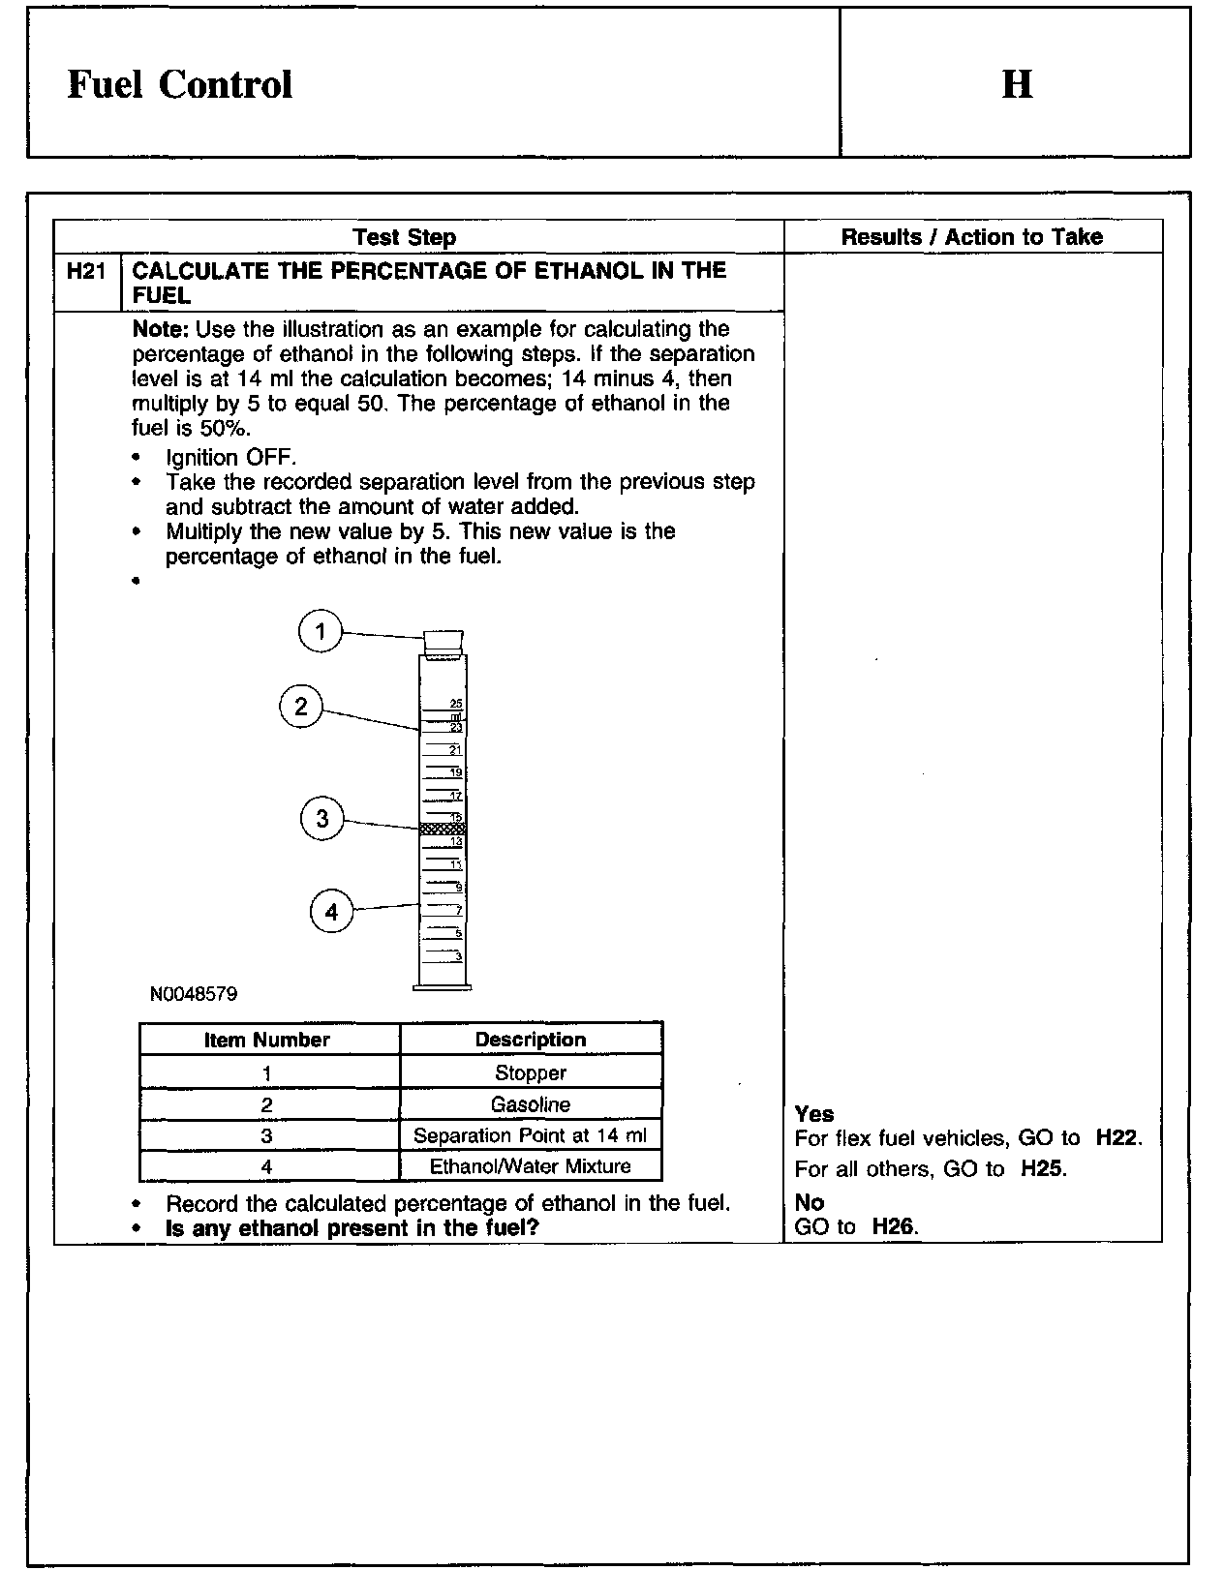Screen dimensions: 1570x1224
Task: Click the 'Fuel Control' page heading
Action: [179, 84]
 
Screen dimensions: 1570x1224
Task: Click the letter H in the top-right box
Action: [1016, 84]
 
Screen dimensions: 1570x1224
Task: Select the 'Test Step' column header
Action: [404, 237]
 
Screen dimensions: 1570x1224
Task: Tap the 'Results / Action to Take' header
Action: [971, 237]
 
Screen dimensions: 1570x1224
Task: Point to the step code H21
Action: [86, 271]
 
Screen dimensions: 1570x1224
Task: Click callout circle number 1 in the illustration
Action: [321, 633]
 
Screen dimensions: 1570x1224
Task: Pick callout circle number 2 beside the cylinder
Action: [301, 707]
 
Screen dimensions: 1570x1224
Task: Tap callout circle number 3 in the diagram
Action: [322, 820]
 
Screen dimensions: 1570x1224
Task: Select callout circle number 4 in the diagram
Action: [332, 912]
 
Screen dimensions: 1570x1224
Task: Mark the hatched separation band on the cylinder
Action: [443, 829]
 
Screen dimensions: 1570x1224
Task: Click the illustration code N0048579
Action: [194, 994]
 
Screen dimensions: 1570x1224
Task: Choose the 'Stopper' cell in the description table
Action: [531, 1072]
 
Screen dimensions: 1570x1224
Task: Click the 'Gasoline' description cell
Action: [531, 1104]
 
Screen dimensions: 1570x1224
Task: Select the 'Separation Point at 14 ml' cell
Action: [531, 1135]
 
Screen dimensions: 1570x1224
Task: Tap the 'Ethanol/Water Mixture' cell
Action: [531, 1166]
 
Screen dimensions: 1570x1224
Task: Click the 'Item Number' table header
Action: [267, 1040]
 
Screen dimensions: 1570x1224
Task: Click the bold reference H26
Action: [894, 1227]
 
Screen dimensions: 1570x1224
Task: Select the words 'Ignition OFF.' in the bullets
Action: [231, 457]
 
